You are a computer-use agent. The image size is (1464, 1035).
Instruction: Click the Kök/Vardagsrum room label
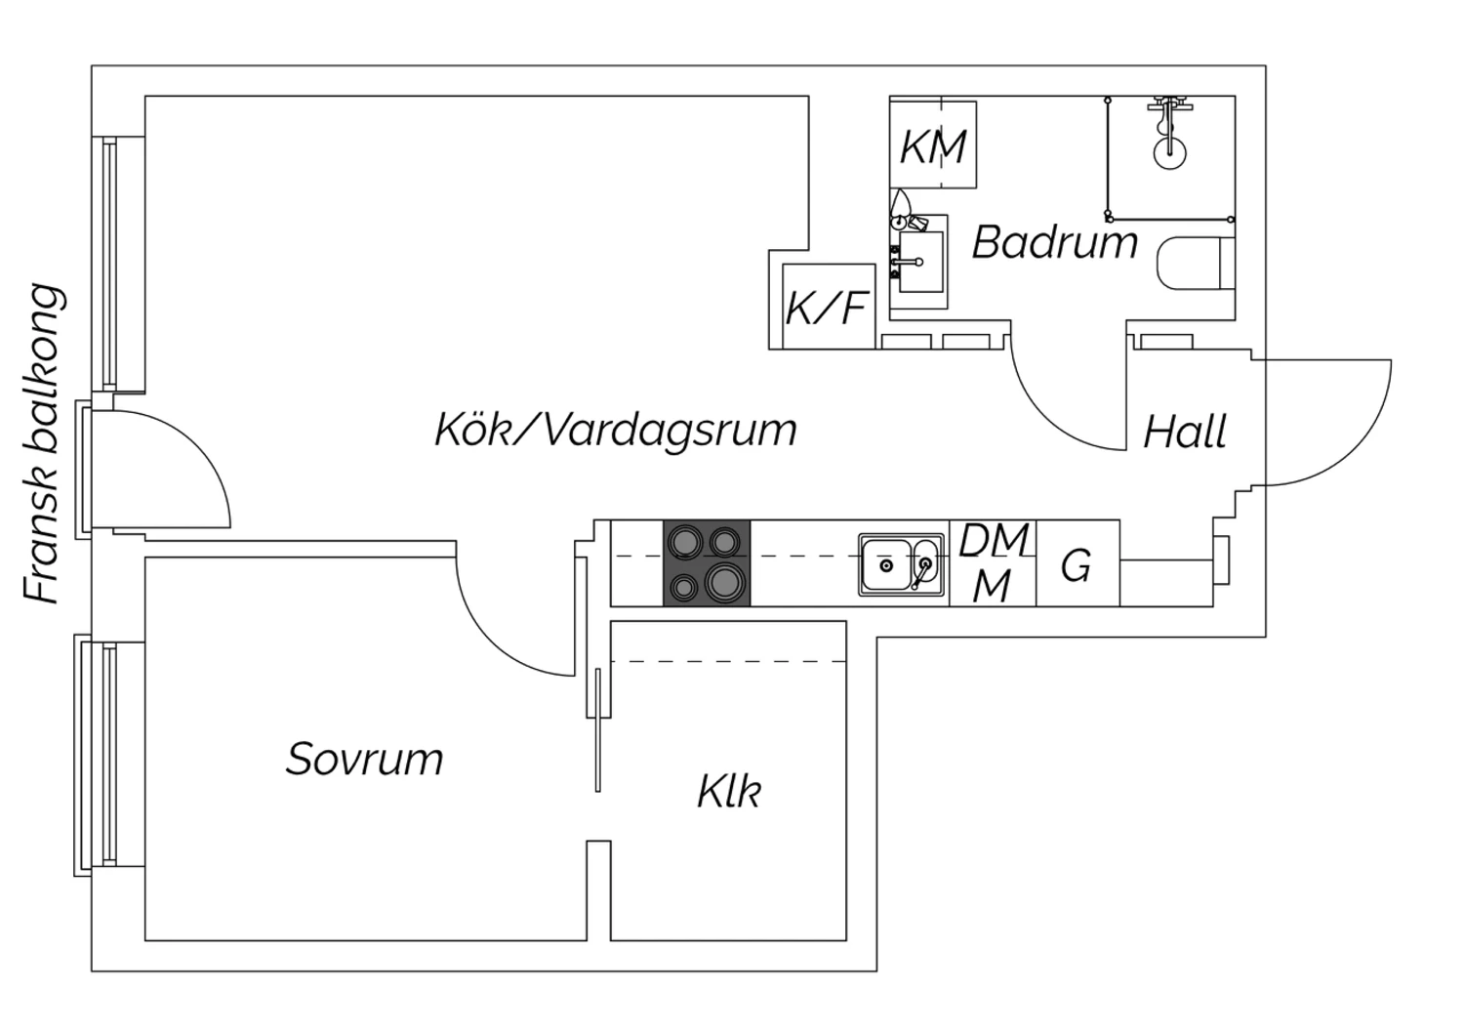616,430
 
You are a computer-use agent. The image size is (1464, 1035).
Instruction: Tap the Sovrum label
364,759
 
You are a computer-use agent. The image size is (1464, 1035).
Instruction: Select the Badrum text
1055,242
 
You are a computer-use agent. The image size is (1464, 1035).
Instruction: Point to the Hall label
1184,432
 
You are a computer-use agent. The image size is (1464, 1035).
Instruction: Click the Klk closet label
728,791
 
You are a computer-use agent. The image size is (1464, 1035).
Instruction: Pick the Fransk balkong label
44,444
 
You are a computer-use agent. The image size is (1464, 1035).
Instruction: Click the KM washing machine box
933,146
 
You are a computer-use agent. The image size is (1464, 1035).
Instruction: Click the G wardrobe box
1077,564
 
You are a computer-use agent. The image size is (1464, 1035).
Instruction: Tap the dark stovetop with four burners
707,563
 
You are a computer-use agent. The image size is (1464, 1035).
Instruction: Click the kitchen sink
901,564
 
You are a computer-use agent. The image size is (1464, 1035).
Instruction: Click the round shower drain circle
1168,150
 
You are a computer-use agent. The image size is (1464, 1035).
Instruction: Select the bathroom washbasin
919,261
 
